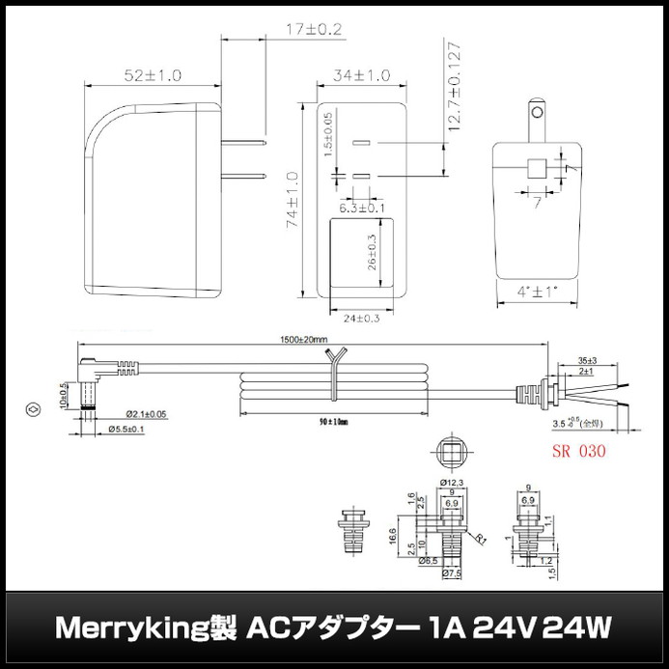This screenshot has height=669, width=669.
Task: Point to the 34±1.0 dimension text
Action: pyautogui.click(x=362, y=74)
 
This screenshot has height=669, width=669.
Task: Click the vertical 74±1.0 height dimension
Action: pyautogui.click(x=291, y=196)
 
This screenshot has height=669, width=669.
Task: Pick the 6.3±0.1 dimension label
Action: pyautogui.click(x=362, y=207)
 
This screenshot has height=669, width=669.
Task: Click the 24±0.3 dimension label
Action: pyautogui.click(x=362, y=318)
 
